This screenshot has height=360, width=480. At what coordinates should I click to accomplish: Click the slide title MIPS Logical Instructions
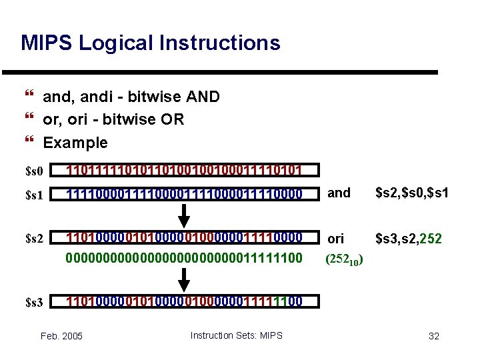pos(151,43)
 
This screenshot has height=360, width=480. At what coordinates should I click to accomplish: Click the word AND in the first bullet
pos(205,97)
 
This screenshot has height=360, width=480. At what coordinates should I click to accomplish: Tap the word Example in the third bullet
pos(75,143)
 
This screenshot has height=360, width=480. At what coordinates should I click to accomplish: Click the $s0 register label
pos(34,171)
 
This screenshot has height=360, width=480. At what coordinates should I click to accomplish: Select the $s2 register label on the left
pos(34,239)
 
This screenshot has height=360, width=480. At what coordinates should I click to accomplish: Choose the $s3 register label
pos(34,302)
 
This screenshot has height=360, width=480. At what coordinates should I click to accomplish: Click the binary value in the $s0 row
pos(184,171)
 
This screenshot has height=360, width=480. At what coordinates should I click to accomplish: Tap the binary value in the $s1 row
pos(184,194)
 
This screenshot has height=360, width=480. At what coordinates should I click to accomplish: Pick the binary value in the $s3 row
pos(184,301)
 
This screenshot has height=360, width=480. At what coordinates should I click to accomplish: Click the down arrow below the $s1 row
pos(186,215)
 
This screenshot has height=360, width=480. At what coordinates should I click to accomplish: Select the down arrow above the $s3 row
pos(186,279)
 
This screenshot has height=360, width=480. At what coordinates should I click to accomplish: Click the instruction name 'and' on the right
pos(339,193)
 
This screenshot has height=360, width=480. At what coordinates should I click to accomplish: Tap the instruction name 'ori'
pos(337,239)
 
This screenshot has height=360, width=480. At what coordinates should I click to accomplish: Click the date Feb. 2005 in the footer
pos(61,336)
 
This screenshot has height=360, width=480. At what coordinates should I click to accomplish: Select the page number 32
pos(434,336)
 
